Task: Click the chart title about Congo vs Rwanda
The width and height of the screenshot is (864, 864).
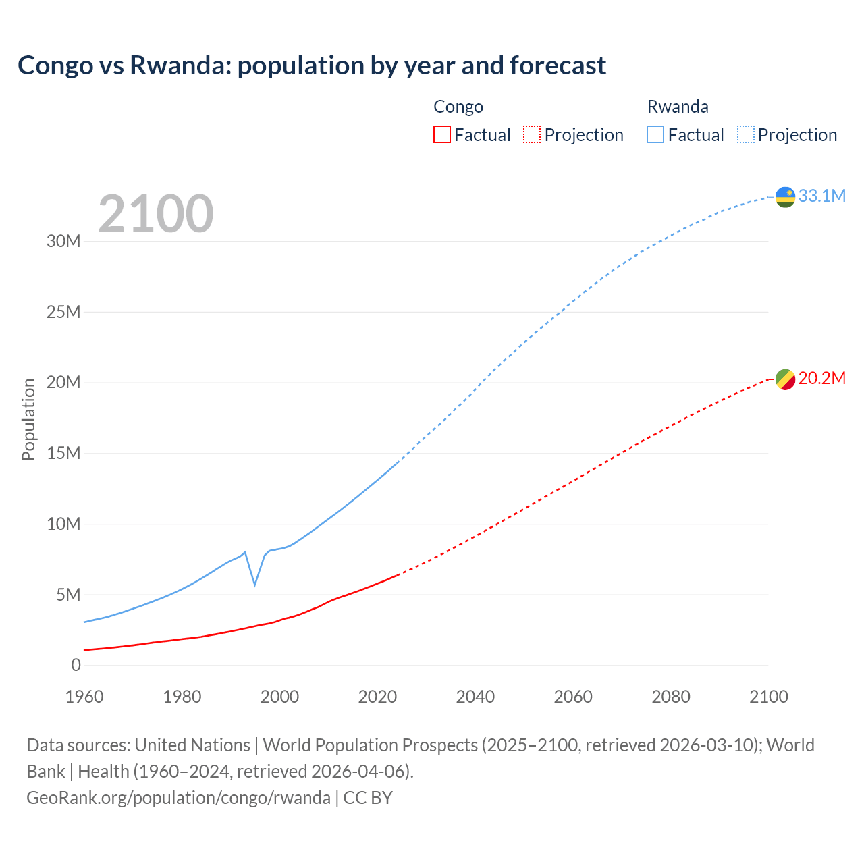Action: pyautogui.click(x=311, y=65)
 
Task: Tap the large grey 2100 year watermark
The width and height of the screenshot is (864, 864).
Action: pyautogui.click(x=156, y=214)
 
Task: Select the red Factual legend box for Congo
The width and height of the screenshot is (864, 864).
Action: pyautogui.click(x=441, y=134)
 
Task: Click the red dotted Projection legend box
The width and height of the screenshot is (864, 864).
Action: pyautogui.click(x=532, y=134)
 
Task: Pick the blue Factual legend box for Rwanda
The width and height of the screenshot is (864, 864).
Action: pyautogui.click(x=655, y=134)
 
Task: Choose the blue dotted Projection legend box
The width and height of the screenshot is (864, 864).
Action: pyautogui.click(x=745, y=134)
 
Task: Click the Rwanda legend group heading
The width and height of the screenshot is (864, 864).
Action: pyautogui.click(x=678, y=107)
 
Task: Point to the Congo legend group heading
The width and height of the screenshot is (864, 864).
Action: pyautogui.click(x=458, y=107)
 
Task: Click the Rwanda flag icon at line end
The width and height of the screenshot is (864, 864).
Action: pyautogui.click(x=785, y=196)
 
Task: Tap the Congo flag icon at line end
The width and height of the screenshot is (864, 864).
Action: pyautogui.click(x=785, y=379)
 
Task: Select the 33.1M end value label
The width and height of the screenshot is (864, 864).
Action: pyautogui.click(x=821, y=196)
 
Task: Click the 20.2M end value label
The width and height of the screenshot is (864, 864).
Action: pyautogui.click(x=821, y=379)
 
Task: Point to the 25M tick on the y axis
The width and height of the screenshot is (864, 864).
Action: pyautogui.click(x=63, y=312)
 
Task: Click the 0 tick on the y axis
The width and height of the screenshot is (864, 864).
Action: pyautogui.click(x=76, y=665)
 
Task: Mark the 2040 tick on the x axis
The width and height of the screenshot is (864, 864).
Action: pyautogui.click(x=475, y=697)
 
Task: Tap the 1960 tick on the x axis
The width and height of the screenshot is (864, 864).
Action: pyautogui.click(x=84, y=697)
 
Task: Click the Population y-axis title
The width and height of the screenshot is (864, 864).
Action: pyautogui.click(x=28, y=419)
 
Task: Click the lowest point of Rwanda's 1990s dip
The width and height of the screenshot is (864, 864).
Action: pyautogui.click(x=254, y=585)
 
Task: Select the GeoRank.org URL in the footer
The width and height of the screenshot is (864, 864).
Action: pyautogui.click(x=178, y=798)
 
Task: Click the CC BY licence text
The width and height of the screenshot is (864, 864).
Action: pyautogui.click(x=368, y=798)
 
